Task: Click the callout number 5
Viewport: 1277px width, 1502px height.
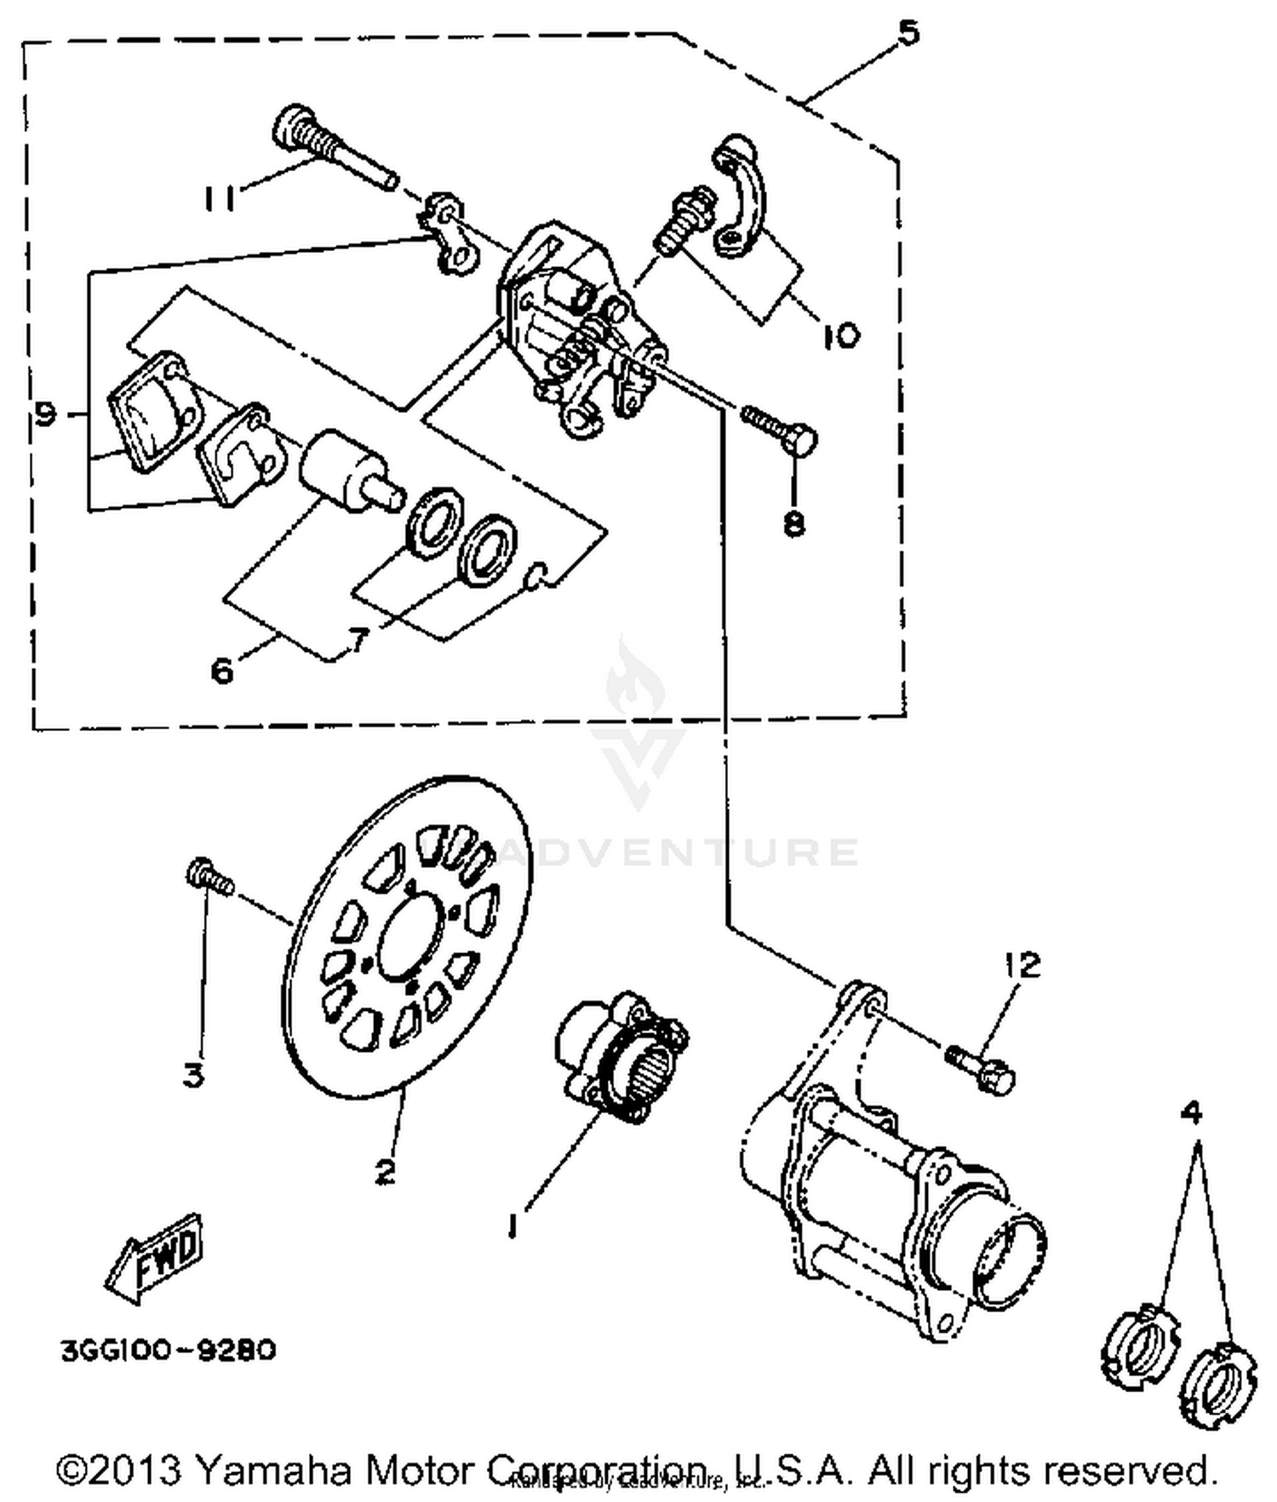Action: coord(908,33)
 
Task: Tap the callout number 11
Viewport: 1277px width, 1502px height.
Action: coord(219,198)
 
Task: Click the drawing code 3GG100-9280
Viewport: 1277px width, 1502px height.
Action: coord(168,1351)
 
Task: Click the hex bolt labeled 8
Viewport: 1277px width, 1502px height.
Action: coord(779,429)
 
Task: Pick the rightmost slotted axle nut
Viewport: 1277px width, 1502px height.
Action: coord(1218,1383)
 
